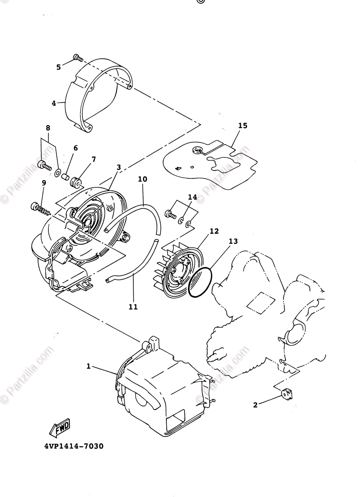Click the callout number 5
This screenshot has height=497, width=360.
[58, 67]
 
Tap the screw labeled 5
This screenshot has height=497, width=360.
[77, 57]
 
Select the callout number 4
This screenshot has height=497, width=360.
[54, 103]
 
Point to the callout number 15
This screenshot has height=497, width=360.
[242, 125]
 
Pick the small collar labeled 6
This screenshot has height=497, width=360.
[65, 177]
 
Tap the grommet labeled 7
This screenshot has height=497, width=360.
[76, 181]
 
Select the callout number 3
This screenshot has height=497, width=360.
[119, 167]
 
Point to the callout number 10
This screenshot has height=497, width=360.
[142, 179]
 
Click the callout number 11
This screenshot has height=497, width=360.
[133, 307]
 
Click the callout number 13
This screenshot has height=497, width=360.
[233, 241]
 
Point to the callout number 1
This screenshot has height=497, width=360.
[88, 366]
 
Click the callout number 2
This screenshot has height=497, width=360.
[255, 405]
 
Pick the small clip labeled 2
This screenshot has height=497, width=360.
[286, 393]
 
